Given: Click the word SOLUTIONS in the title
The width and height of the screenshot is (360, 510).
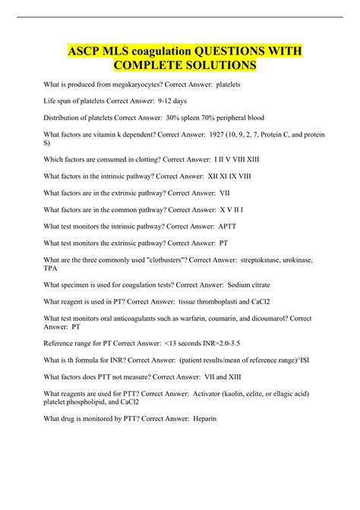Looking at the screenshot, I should pos(225,66).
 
